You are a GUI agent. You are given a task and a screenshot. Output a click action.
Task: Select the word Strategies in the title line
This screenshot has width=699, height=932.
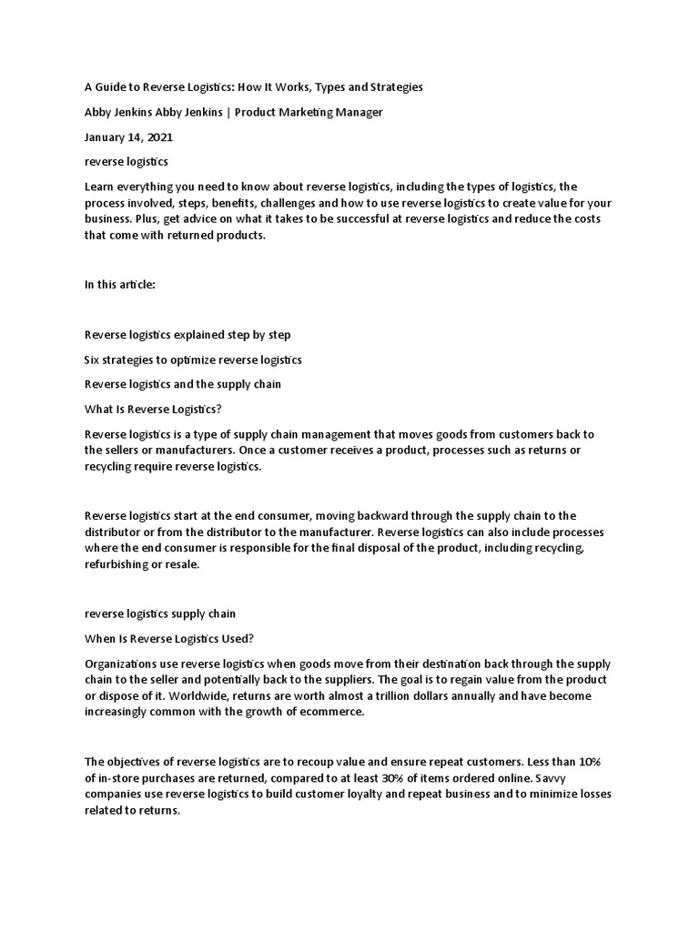[x=393, y=86]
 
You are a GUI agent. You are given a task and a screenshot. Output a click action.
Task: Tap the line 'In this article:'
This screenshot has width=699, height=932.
[x=119, y=285]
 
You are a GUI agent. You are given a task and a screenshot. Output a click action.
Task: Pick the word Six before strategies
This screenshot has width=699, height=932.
[x=93, y=360]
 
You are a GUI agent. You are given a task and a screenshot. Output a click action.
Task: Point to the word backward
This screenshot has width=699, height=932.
[x=342, y=515]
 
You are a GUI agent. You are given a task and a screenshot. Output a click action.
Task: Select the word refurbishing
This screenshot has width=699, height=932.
[x=118, y=563]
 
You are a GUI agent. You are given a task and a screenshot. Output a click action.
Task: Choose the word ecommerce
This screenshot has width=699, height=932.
[x=330, y=713]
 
